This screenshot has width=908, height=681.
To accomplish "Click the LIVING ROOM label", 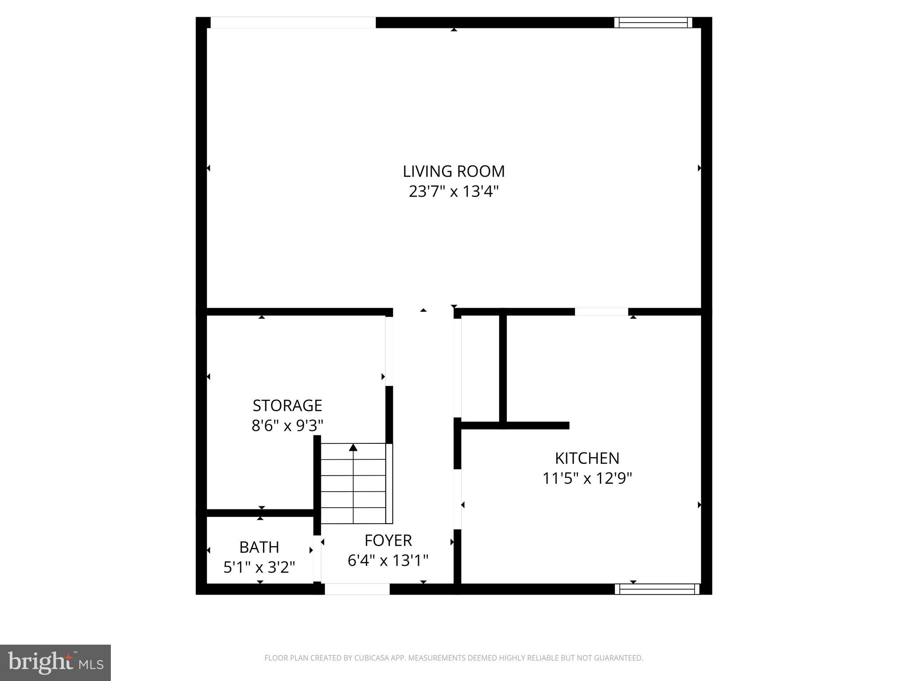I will (x=454, y=171).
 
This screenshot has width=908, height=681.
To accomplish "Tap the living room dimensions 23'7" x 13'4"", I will (x=454, y=192).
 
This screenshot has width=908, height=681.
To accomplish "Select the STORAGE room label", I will (x=287, y=405).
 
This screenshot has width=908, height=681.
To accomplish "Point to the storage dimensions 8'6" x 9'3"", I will (x=287, y=426).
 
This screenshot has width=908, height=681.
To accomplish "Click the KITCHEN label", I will (x=587, y=458).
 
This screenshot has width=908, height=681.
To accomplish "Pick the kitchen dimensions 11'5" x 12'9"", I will (x=587, y=478).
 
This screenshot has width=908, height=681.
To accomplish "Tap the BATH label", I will (x=259, y=547).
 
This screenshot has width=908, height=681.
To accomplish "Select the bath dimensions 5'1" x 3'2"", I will (x=259, y=567).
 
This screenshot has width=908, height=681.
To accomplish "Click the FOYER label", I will (x=388, y=540).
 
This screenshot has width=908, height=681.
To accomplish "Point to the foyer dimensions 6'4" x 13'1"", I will (x=388, y=560).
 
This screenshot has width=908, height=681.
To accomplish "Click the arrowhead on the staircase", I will (x=353, y=447).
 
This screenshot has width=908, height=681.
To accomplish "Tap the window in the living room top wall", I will (x=653, y=23).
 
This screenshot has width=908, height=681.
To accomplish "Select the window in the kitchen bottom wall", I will (x=657, y=589).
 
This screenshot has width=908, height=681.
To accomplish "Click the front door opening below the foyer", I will (x=357, y=589).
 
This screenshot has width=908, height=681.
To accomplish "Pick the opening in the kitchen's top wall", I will (x=601, y=312).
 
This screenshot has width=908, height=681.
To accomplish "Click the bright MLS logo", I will (x=55, y=662).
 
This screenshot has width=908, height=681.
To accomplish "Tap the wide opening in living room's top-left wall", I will (x=293, y=23).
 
